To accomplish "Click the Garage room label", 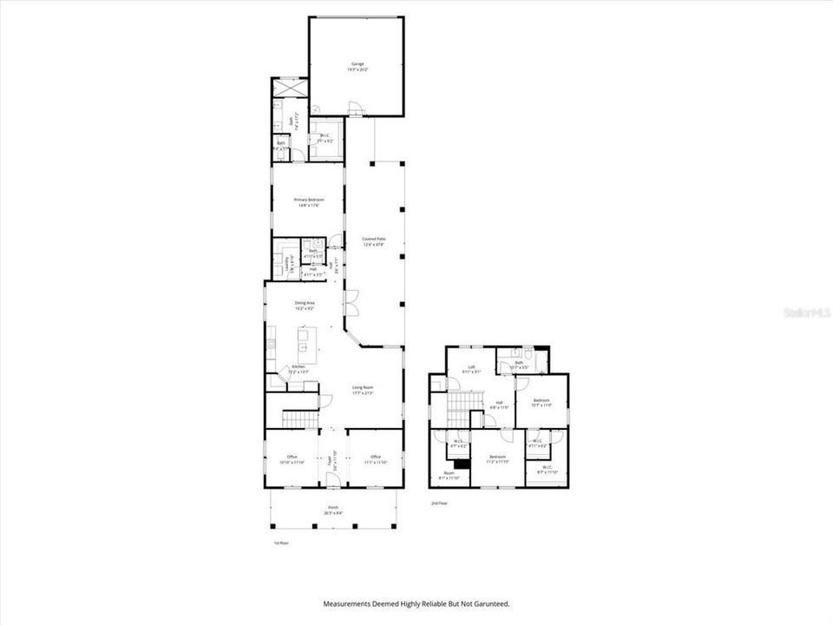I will click(x=357, y=64).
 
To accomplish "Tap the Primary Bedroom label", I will click(x=308, y=200).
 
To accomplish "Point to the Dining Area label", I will click(x=304, y=303).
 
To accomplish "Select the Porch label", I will click(x=333, y=507).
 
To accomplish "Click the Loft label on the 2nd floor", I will click(x=472, y=366).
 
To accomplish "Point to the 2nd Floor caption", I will click(x=440, y=503).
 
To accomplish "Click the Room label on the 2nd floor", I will click(x=449, y=473).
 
